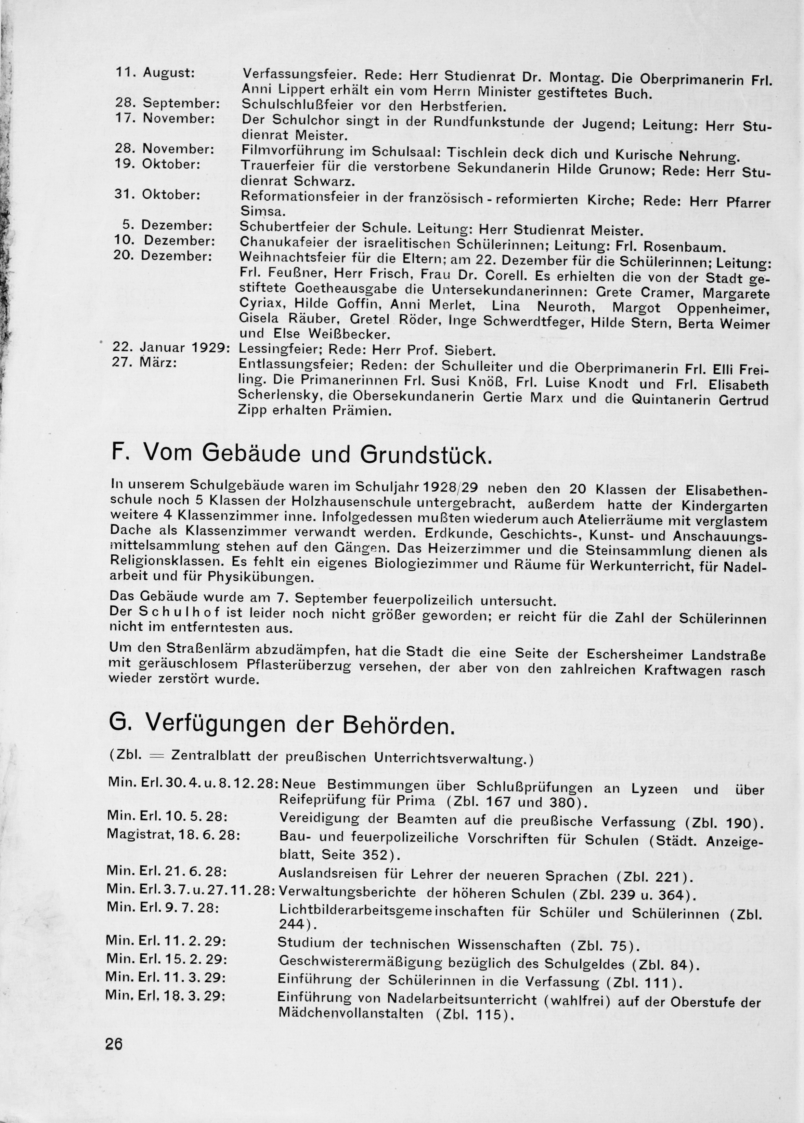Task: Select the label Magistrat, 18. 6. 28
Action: click(x=173, y=835)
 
